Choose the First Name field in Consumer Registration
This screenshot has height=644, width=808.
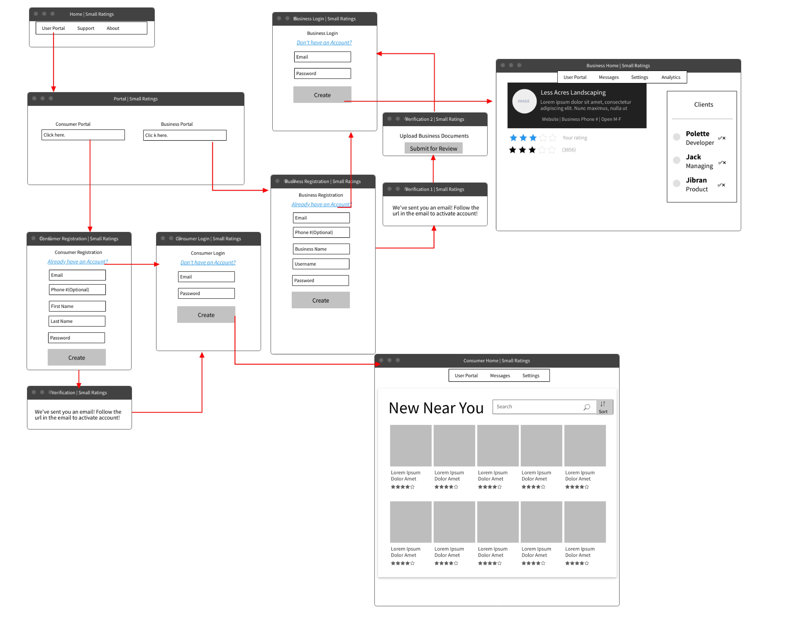[77, 306]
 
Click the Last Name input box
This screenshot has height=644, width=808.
[77, 321]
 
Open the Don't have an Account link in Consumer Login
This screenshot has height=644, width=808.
[208, 262]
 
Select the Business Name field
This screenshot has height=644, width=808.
[321, 249]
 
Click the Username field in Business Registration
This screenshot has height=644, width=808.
[321, 264]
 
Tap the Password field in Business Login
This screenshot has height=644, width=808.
[322, 73]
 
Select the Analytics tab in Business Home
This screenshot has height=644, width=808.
[670, 77]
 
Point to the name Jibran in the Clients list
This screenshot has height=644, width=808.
[696, 180]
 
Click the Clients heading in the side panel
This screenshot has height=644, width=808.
[703, 105]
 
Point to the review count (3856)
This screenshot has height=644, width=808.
[568, 150]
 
